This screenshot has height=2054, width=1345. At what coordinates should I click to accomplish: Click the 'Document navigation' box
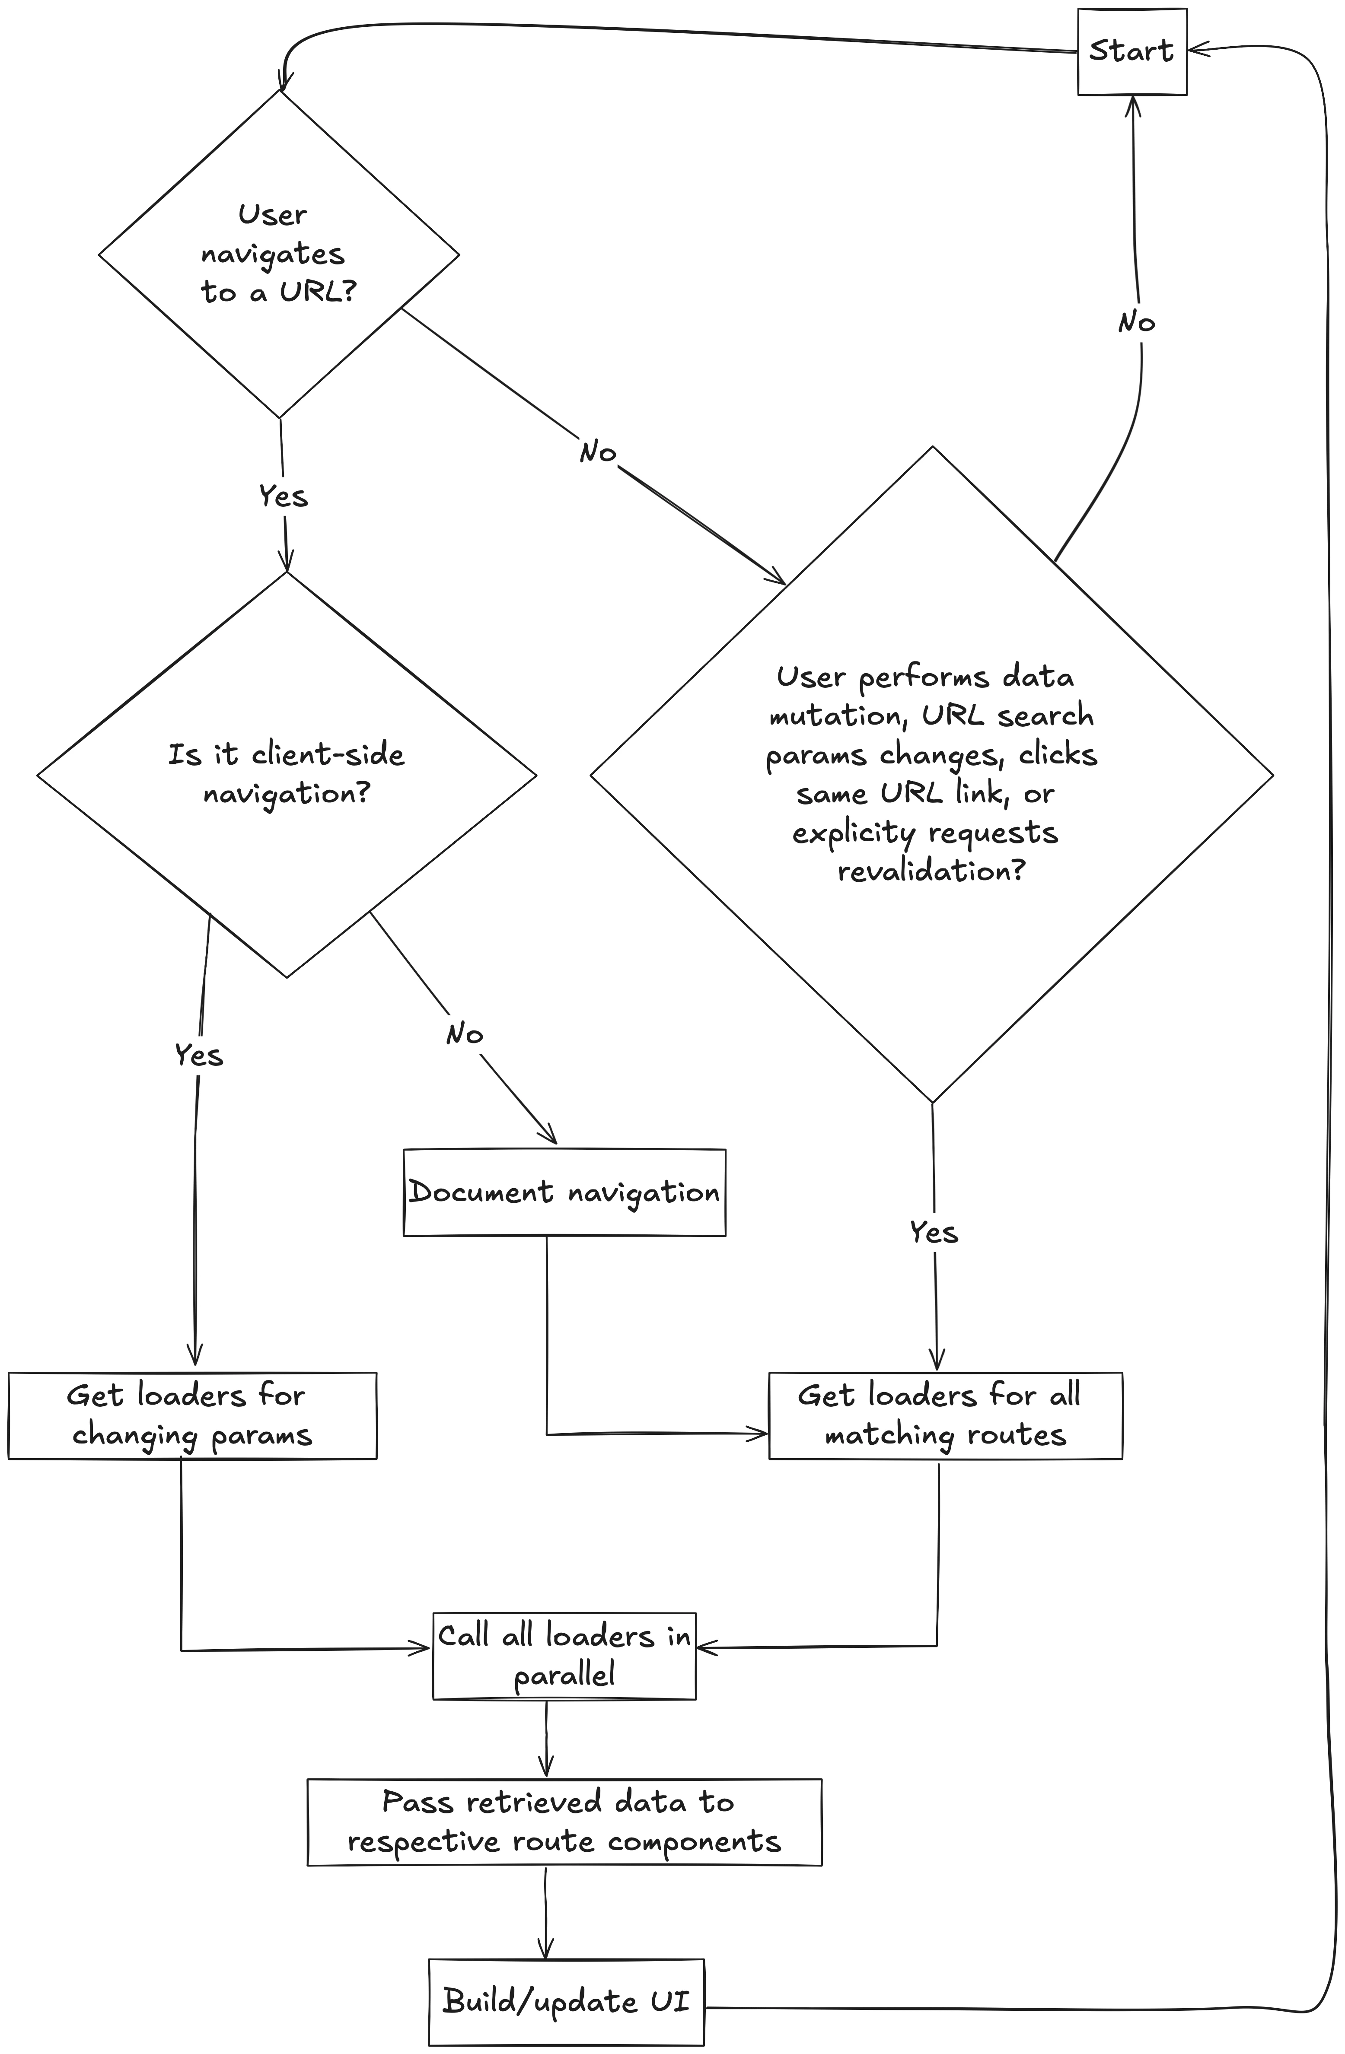point(564,1192)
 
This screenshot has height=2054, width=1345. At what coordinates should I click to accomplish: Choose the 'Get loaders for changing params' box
point(191,1415)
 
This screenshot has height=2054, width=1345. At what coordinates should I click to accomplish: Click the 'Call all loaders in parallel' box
point(564,1655)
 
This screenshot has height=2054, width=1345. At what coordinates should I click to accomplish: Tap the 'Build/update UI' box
point(565,2000)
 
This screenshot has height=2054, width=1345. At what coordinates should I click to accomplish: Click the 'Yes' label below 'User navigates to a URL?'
point(283,496)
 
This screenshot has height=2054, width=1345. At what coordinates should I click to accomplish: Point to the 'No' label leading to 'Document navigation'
point(465,1034)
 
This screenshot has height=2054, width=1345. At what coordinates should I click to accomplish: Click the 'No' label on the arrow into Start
point(1136,323)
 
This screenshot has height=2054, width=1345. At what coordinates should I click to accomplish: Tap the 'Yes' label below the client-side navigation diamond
point(198,1055)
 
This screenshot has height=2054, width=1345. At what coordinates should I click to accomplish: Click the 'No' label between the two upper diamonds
point(597,451)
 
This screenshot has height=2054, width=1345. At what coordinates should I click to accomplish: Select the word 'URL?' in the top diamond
point(317,292)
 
